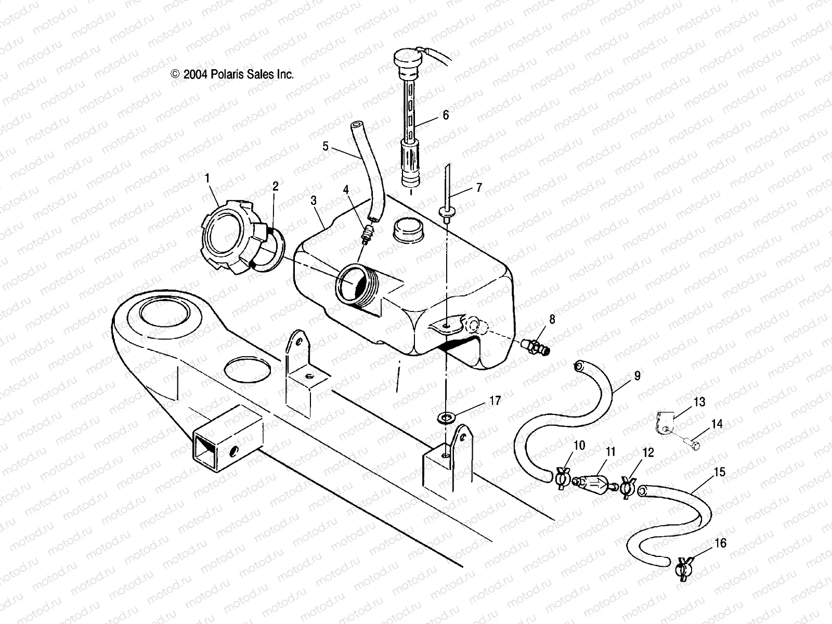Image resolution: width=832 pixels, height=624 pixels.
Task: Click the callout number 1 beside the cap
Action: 207,179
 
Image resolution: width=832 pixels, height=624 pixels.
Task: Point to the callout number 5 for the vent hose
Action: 326,146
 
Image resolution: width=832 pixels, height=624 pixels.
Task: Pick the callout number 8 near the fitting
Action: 552,319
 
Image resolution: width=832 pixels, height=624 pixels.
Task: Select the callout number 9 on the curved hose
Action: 637,375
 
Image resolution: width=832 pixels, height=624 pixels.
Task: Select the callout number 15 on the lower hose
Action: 719,473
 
